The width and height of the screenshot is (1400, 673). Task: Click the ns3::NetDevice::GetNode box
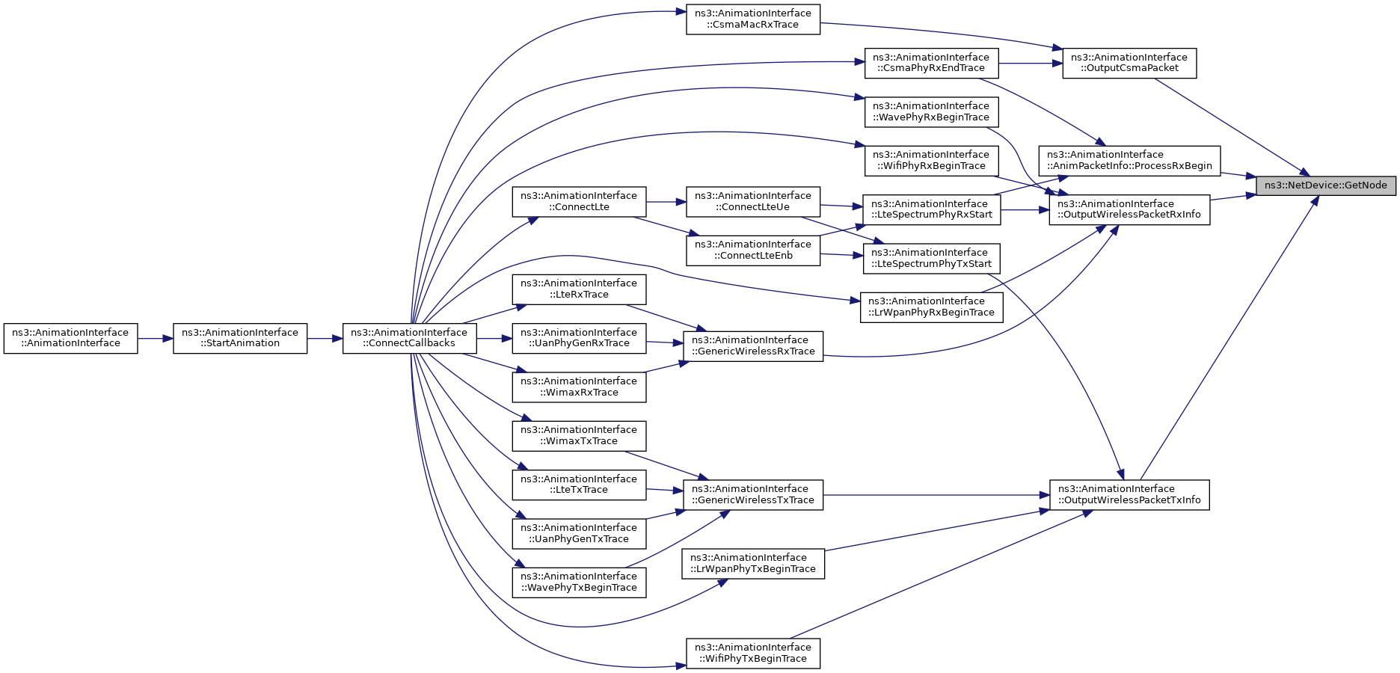[1326, 185]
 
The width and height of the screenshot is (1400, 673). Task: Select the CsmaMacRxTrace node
[753, 19]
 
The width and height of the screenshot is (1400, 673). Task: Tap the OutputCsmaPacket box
[1129, 63]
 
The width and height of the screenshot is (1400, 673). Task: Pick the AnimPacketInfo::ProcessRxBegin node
[1129, 161]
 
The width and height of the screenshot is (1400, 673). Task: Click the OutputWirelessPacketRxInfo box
[1129, 209]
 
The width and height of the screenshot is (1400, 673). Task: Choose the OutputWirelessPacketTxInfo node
[1129, 495]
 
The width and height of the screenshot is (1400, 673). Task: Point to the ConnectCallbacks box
[410, 338]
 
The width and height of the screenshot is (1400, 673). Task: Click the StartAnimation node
[240, 338]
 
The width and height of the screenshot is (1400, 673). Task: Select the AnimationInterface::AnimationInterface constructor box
[70, 338]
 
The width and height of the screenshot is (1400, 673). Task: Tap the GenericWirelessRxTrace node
[753, 345]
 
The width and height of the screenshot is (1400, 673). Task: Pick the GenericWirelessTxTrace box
[753, 495]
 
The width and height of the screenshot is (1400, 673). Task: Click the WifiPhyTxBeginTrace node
[753, 654]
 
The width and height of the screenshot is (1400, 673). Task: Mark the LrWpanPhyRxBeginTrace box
[931, 307]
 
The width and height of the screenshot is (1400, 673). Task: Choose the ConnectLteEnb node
[753, 251]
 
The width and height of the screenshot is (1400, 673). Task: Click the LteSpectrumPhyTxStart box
[931, 259]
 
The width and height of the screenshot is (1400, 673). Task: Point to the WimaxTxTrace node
[579, 435]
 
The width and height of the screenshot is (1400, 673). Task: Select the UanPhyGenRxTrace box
[579, 338]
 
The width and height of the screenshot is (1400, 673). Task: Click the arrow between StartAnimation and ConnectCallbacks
[325, 339]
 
